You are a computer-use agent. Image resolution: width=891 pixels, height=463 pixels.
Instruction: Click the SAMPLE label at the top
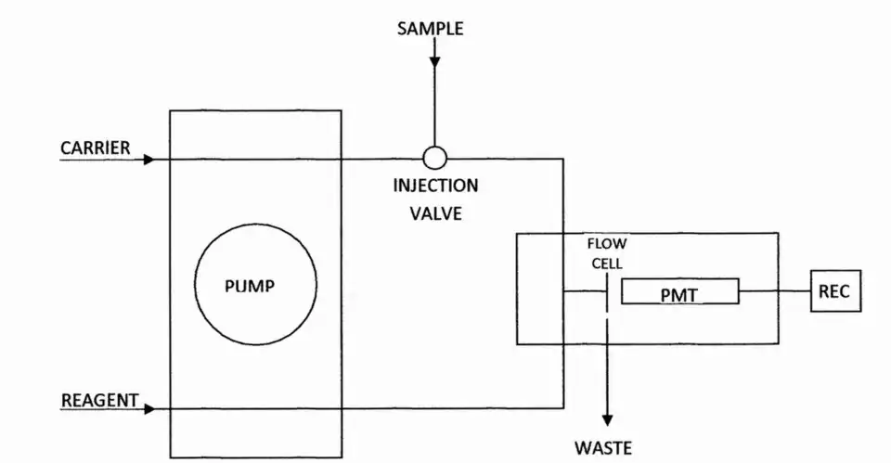click(431, 29)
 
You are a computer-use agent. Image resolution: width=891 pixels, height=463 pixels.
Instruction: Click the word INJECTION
click(435, 186)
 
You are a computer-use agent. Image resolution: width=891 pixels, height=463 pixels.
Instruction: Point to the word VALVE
click(435, 212)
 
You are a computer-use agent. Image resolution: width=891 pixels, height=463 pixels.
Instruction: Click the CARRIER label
click(96, 148)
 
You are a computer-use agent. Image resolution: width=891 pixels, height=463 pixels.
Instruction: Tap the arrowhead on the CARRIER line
click(148, 160)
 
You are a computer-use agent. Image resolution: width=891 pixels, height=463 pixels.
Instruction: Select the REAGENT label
click(100, 401)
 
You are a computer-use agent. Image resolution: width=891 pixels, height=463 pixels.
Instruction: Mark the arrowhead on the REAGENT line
click(148, 408)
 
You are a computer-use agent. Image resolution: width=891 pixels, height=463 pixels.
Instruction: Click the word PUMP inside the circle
click(251, 286)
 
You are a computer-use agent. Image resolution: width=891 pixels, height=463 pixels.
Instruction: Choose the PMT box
click(679, 293)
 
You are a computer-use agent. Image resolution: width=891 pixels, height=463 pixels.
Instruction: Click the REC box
click(835, 291)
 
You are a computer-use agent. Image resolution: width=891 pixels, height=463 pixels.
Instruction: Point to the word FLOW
click(607, 245)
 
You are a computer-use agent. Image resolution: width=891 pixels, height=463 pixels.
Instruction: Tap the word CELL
click(607, 263)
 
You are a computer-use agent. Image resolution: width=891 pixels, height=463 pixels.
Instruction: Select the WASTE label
click(603, 448)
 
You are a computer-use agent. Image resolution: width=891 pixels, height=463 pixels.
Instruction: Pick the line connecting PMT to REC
click(774, 292)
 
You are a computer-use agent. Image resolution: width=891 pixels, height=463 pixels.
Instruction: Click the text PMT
click(678, 295)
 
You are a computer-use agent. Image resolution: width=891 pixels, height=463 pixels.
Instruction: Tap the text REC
click(833, 292)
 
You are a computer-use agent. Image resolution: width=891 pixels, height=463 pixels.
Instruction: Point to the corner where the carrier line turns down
click(563, 160)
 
